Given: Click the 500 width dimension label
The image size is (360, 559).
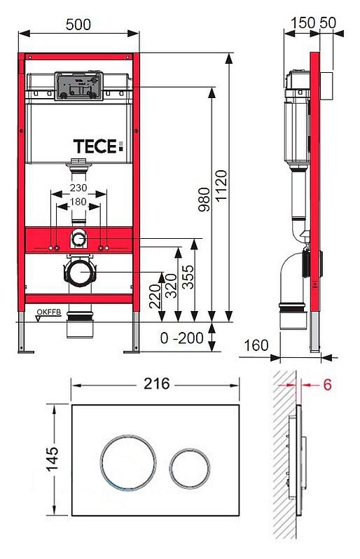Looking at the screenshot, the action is (x=78, y=25).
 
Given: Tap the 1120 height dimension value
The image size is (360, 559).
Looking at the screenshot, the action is (x=221, y=186).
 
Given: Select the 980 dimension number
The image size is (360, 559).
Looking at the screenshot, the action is (x=205, y=200).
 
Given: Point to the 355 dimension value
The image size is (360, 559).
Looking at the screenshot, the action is (x=188, y=277).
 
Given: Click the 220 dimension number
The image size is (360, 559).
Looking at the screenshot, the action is (x=155, y=296).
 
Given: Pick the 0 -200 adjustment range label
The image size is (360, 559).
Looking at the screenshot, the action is (x=182, y=338).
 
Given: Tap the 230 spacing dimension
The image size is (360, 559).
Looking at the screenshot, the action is (x=78, y=188).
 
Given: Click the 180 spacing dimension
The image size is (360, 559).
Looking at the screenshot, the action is (x=78, y=202).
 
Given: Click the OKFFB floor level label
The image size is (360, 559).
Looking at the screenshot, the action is (x=49, y=312).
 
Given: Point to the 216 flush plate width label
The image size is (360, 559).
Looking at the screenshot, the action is (x=157, y=384).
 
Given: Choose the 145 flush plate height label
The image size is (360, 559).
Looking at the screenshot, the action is (x=53, y=460).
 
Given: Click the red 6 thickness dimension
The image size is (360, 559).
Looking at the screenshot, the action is (x=327, y=385).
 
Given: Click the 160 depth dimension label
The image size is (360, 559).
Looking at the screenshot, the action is (x=256, y=345).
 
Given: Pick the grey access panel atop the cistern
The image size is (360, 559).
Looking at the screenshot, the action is (x=78, y=86).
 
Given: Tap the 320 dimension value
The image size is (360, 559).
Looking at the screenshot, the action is (x=172, y=286).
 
